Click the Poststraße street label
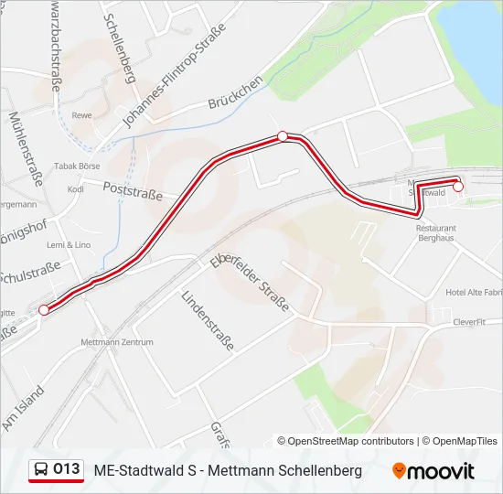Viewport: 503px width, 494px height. pos(134,189)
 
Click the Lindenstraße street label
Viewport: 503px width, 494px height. pos(208,322)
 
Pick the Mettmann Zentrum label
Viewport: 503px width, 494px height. pos(116,342)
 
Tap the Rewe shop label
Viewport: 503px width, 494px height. pos(82,115)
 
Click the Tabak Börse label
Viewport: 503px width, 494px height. pos(77,166)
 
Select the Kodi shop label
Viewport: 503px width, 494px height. pos(76,189)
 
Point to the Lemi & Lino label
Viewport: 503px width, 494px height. pos(70,245)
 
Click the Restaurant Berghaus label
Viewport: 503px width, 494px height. pos(434,232)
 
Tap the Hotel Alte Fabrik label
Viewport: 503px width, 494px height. pos(474,292)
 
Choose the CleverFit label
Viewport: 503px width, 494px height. pos(473,322)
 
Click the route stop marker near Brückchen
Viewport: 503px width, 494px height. pos(283,136)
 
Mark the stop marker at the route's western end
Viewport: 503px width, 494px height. pos(44,310)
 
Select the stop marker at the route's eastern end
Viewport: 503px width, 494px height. pos(458,187)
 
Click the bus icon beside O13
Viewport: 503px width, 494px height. pos(41,469)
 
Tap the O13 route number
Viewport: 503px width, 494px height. pos(67,469)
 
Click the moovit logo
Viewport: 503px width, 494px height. pos(433,471)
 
